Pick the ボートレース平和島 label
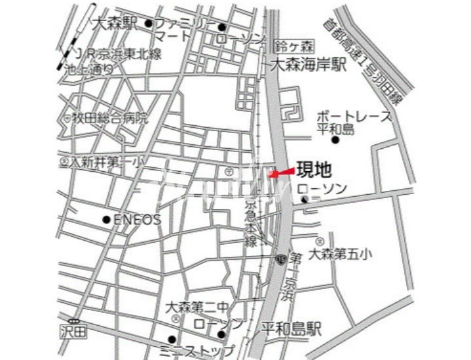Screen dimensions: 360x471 click(354, 122)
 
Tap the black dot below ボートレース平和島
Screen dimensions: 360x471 click(335, 140)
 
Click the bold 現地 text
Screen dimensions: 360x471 click(314, 170)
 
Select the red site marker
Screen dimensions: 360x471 click(282, 172)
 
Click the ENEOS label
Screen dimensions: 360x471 click(138, 220)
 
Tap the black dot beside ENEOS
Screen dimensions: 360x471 click(107, 220)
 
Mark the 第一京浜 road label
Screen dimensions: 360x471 click(291, 275)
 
